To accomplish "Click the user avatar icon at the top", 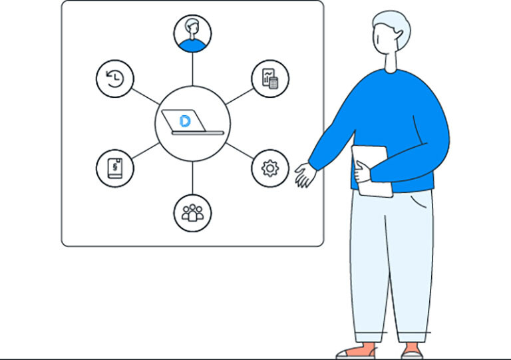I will point(193,33).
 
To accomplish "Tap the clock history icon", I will point(115,79).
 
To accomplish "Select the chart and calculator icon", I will point(270,79).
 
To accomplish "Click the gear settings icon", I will point(270,168).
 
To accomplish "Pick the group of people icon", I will point(193,213).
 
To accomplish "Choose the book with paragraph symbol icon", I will point(115,168).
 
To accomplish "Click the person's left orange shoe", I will point(355,350).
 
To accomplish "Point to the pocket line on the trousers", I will point(419,200).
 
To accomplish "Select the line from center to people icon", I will point(193,178).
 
